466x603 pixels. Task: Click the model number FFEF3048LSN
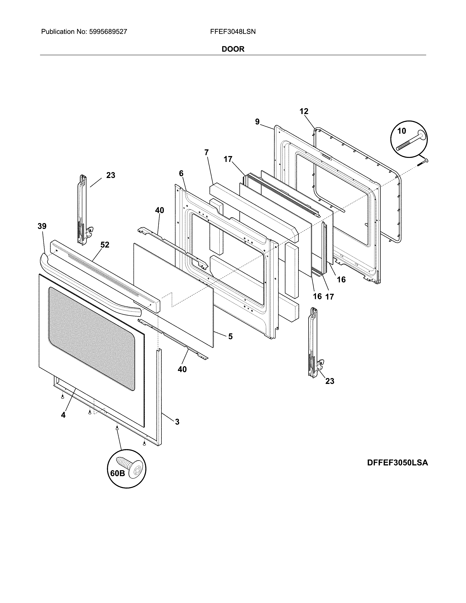pyautogui.click(x=233, y=32)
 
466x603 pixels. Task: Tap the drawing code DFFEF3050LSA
pyautogui.click(x=397, y=462)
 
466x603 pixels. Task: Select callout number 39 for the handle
pyautogui.click(x=42, y=226)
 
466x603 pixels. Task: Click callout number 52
pyautogui.click(x=105, y=245)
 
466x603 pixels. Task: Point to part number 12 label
pyautogui.click(x=304, y=111)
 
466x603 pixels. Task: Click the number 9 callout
pyautogui.click(x=257, y=122)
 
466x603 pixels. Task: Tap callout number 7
pyautogui.click(x=207, y=152)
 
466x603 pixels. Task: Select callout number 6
pyautogui.click(x=181, y=173)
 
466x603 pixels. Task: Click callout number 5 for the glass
pyautogui.click(x=230, y=336)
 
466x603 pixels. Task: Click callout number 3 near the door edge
pyautogui.click(x=177, y=422)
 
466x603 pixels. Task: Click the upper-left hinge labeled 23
pyautogui.click(x=83, y=210)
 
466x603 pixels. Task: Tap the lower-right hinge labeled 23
pyautogui.click(x=314, y=342)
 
